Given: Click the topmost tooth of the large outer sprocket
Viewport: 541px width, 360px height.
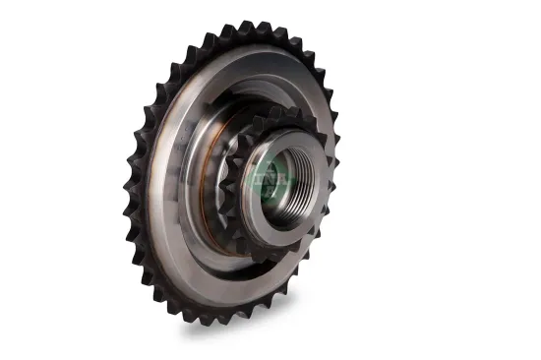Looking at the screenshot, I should [x=258, y=27].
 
